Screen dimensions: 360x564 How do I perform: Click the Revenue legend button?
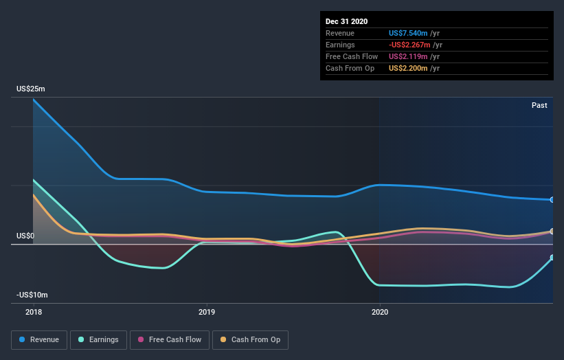click(x=40, y=339)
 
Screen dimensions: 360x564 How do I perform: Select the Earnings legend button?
click(x=98, y=339)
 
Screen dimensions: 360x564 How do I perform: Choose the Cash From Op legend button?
click(x=251, y=339)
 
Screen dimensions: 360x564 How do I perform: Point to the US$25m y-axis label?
click(x=31, y=89)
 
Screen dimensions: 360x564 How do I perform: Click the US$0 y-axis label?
click(x=25, y=236)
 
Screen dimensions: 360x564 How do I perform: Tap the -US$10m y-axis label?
click(x=32, y=295)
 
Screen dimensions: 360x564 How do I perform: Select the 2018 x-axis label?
click(x=33, y=312)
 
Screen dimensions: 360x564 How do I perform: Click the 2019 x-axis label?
click(x=206, y=312)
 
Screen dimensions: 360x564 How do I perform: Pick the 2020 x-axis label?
click(x=379, y=312)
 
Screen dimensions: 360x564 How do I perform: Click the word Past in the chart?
click(x=539, y=105)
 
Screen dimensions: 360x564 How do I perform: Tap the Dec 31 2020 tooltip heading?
click(x=346, y=21)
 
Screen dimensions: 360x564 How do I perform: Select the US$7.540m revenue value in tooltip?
click(x=409, y=33)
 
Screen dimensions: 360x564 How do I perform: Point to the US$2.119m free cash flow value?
click(x=409, y=56)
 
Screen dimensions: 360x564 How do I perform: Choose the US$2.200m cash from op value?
click(x=409, y=68)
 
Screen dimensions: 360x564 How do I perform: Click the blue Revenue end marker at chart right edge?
click(x=552, y=200)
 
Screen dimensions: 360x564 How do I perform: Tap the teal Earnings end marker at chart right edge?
click(x=552, y=258)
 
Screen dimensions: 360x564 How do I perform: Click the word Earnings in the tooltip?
click(x=341, y=45)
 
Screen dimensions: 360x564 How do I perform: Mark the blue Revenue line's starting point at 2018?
click(x=33, y=100)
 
